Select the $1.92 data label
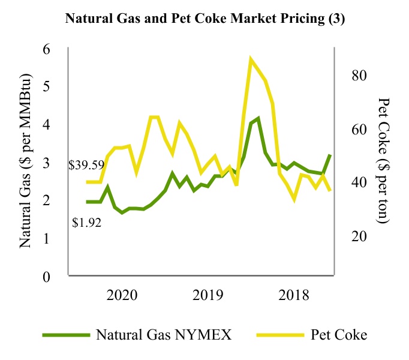coord(87,223)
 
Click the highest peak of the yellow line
coord(251,59)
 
